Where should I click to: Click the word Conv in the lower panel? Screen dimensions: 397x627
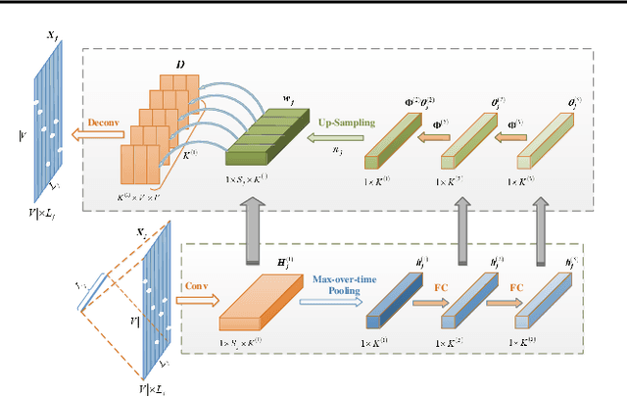click(193, 288)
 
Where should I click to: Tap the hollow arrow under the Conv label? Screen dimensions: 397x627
click(194, 302)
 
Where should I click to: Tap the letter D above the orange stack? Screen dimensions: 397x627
click(179, 64)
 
